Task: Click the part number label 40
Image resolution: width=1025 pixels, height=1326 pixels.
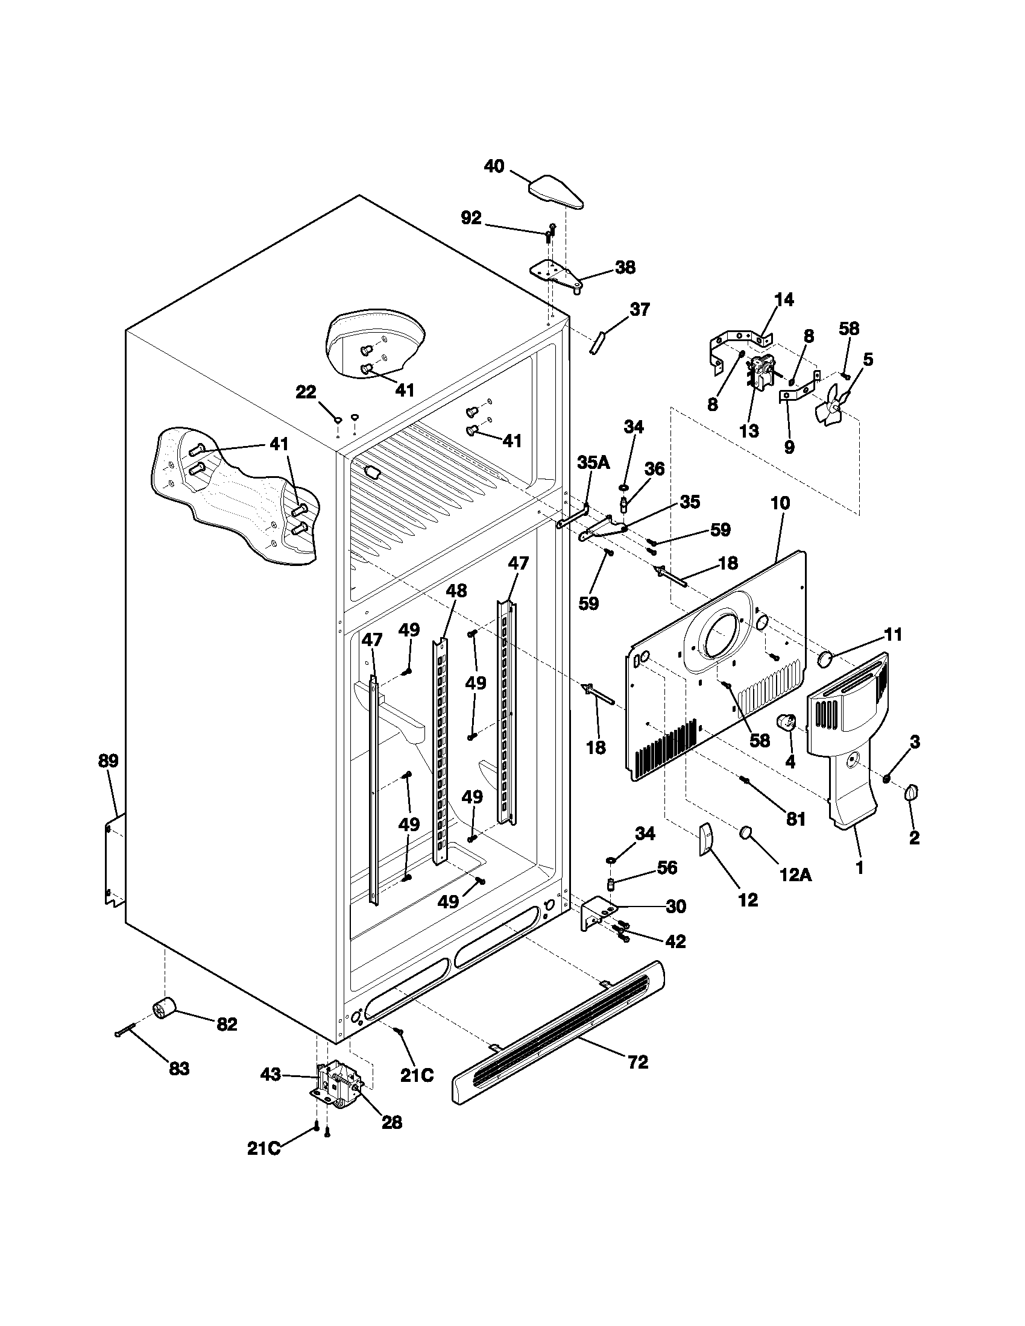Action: [494, 166]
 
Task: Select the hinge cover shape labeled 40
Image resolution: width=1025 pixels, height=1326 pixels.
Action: [557, 192]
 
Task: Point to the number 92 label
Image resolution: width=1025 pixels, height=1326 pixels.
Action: [471, 218]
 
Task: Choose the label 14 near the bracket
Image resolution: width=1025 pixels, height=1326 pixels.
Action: [784, 300]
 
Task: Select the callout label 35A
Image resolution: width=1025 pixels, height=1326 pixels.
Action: [593, 462]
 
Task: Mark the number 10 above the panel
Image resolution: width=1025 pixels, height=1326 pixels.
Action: [780, 503]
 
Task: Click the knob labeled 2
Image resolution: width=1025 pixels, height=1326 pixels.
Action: [912, 792]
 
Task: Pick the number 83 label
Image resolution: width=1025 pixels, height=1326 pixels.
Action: [179, 1069]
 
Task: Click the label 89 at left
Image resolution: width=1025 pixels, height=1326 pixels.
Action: [109, 761]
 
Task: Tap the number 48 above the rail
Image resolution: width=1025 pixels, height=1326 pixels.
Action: [456, 590]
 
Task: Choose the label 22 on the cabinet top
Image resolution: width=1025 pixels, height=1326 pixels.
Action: [306, 393]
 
